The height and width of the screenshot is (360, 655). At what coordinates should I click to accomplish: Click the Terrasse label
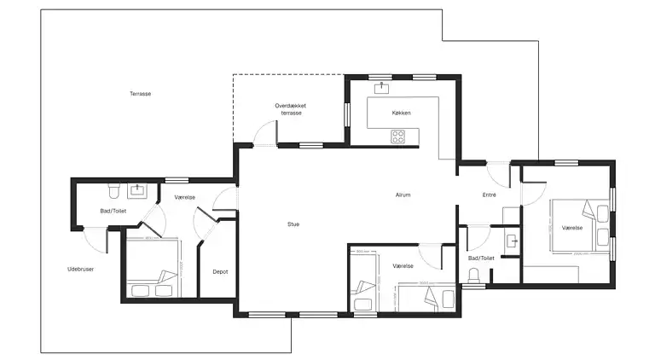pyautogui.click(x=141, y=94)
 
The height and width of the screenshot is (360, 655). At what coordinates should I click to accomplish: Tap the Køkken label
pyautogui.click(x=402, y=113)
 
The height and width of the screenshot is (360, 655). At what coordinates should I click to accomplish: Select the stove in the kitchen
pyautogui.click(x=398, y=135)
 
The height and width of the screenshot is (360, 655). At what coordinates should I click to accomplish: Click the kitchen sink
pyautogui.click(x=381, y=86)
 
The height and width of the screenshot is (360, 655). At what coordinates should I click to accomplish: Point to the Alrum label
pyautogui.click(x=403, y=195)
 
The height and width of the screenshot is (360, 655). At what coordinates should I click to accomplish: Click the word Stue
pyautogui.click(x=293, y=224)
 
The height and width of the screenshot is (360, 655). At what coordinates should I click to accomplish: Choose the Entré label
pyautogui.click(x=490, y=195)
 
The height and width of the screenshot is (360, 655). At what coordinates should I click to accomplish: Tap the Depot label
pyautogui.click(x=219, y=272)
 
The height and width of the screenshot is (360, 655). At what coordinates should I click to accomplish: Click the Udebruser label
pyautogui.click(x=80, y=270)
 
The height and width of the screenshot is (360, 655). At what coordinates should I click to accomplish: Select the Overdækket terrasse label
pyautogui.click(x=290, y=109)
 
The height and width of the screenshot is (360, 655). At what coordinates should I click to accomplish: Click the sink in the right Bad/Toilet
pyautogui.click(x=513, y=241)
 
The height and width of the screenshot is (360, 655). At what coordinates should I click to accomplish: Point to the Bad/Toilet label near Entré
pyautogui.click(x=481, y=258)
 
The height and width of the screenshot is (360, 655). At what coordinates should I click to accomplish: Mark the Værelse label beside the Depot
pyautogui.click(x=185, y=197)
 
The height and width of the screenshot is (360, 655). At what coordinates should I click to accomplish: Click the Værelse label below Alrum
pyautogui.click(x=403, y=266)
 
